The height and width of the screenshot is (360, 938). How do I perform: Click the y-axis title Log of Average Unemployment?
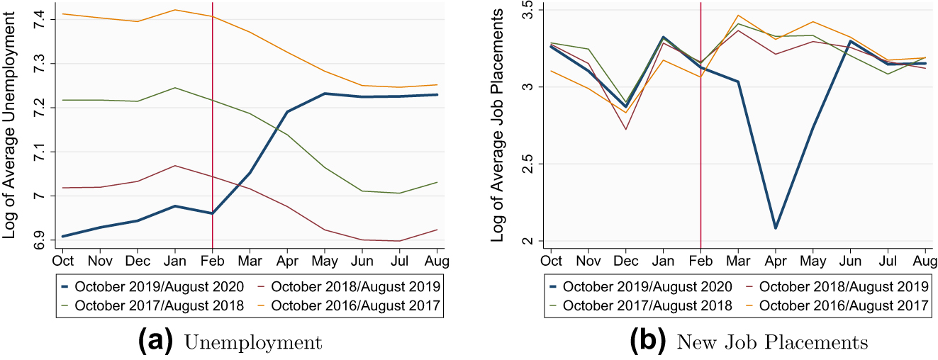(x=10, y=128)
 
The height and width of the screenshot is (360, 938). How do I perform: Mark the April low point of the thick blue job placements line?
(x=776, y=228)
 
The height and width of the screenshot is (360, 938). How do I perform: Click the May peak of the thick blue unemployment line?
(x=324, y=94)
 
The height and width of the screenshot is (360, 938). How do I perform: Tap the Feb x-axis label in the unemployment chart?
(x=212, y=261)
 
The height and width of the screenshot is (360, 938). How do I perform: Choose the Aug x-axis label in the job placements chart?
(x=925, y=261)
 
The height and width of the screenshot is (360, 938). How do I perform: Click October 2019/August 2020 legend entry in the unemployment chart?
(x=152, y=286)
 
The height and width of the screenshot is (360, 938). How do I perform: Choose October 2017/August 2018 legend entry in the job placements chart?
(x=640, y=305)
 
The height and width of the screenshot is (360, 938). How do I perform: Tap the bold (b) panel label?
(x=647, y=342)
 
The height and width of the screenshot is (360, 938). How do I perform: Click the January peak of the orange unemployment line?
(x=174, y=10)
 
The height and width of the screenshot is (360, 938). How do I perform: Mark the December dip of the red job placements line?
(x=625, y=129)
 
